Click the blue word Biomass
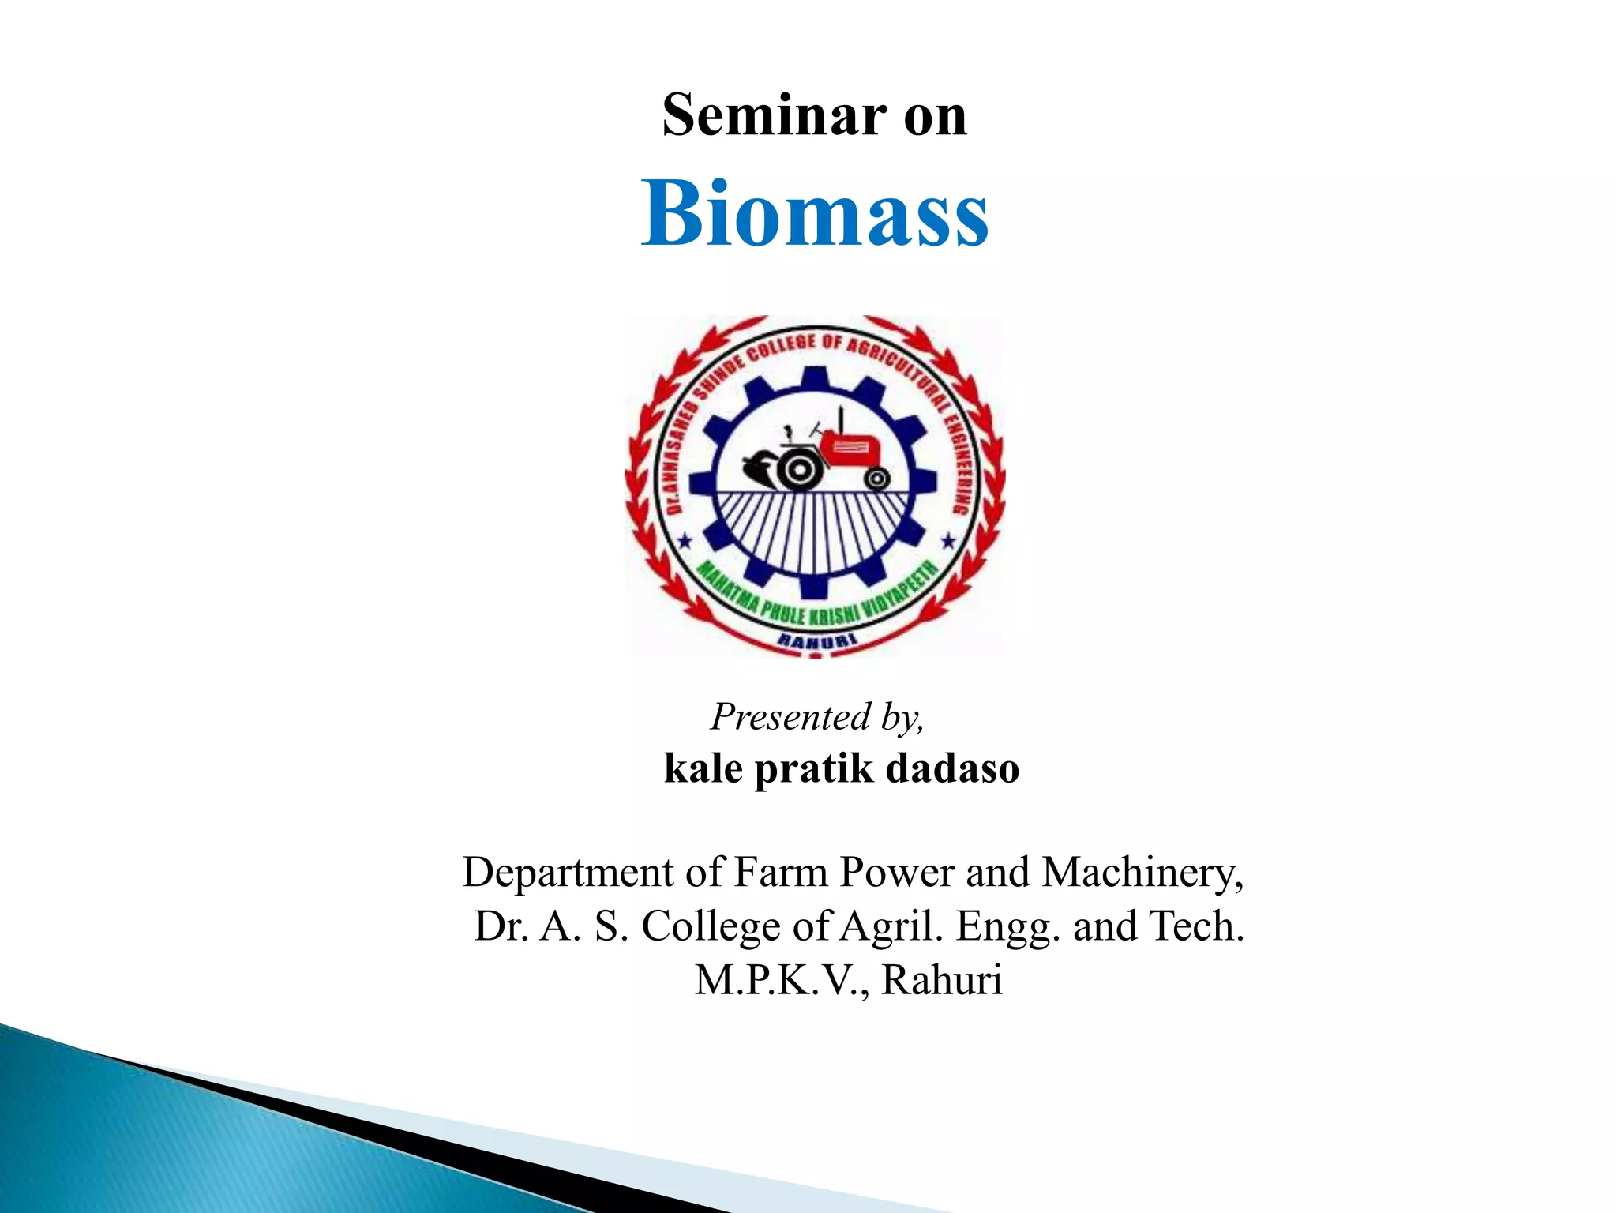(814, 214)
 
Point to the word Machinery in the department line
(1142, 873)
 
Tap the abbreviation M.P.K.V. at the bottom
(782, 980)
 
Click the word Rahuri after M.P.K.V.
(941, 980)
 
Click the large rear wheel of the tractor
(799, 471)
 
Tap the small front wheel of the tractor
(876, 479)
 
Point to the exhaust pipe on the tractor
(841, 419)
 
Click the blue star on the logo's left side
(685, 541)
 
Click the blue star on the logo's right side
(948, 541)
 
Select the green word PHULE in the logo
(783, 613)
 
